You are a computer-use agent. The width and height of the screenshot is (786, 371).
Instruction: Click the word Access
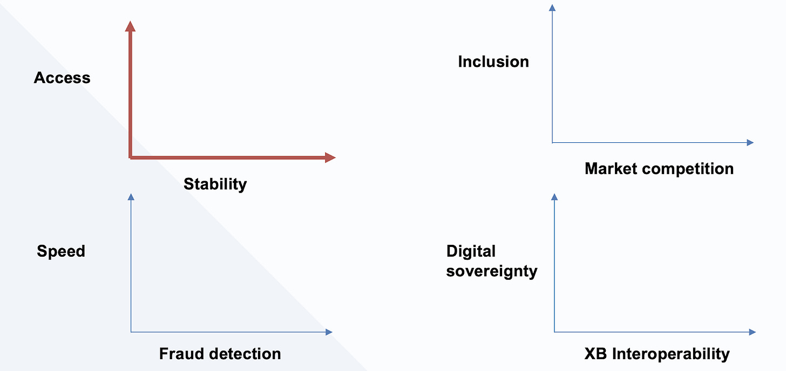pyautogui.click(x=62, y=78)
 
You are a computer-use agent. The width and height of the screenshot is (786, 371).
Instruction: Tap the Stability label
pyautogui.click(x=215, y=184)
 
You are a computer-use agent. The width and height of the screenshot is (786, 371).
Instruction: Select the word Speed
pyautogui.click(x=61, y=251)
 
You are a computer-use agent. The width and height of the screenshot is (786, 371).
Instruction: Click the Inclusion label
pyautogui.click(x=493, y=62)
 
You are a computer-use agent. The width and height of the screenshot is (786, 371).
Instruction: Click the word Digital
pyautogui.click(x=471, y=251)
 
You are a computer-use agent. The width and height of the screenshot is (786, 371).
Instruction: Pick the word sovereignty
pyautogui.click(x=492, y=271)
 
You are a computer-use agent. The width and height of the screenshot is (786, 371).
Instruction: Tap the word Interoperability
pyautogui.click(x=670, y=354)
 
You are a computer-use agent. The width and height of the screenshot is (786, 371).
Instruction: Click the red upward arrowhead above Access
pyautogui.click(x=130, y=25)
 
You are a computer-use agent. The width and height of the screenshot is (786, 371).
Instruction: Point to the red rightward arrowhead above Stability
pyautogui.click(x=330, y=157)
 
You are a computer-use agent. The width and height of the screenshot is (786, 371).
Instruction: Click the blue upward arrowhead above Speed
pyautogui.click(x=131, y=197)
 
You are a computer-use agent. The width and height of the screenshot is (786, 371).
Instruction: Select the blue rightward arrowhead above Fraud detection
pyautogui.click(x=329, y=332)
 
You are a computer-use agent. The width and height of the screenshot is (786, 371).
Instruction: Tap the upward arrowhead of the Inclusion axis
pyautogui.click(x=552, y=8)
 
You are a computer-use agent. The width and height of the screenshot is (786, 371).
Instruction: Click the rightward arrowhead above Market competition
pyautogui.click(x=750, y=142)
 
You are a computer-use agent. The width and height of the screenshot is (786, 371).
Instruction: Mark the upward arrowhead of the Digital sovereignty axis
pyautogui.click(x=554, y=197)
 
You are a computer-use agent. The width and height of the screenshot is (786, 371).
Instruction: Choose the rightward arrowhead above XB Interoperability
pyautogui.click(x=753, y=332)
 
